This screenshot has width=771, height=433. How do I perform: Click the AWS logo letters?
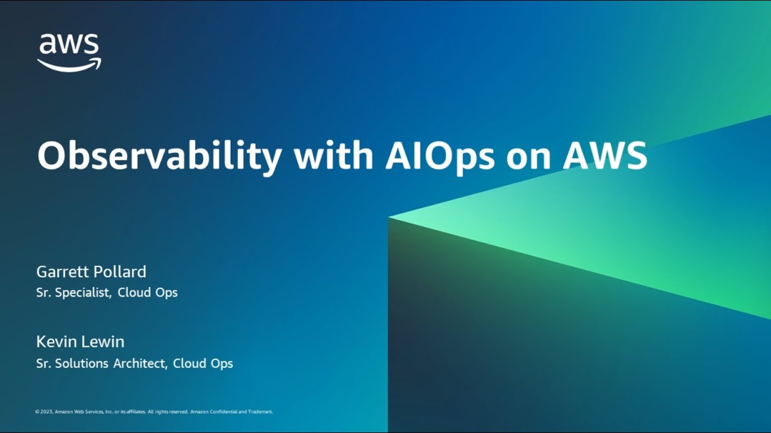tap(69, 44)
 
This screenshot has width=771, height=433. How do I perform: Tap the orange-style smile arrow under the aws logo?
tap(69, 66)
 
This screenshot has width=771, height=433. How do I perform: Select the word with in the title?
tap(334, 155)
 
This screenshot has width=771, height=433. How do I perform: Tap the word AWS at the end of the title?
tap(605, 156)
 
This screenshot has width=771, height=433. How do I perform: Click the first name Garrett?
tap(62, 271)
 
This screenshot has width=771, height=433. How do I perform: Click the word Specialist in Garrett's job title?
tap(83, 292)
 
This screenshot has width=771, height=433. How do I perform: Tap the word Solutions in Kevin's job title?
tap(81, 363)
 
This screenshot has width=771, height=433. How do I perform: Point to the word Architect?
tap(140, 363)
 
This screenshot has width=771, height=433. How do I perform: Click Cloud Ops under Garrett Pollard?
tap(148, 292)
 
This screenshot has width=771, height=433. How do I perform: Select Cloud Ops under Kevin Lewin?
tap(203, 364)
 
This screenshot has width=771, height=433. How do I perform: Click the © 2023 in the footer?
tap(44, 412)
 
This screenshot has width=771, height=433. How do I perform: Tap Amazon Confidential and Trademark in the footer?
tap(232, 412)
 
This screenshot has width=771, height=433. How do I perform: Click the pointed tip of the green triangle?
tap(389, 217)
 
